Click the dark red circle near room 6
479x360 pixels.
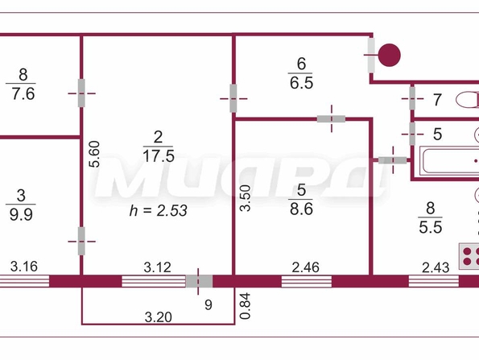click(390, 55)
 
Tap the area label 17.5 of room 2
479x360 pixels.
click(159, 156)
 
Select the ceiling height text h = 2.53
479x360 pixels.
click(159, 210)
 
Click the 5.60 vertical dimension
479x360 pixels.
click(94, 154)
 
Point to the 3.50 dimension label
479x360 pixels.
click(246, 198)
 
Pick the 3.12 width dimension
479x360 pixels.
click(157, 267)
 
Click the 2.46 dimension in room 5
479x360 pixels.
click(305, 267)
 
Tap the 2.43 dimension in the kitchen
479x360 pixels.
click(436, 267)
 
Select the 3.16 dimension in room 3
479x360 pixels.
click(24, 267)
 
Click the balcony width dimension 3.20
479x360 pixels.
click(159, 317)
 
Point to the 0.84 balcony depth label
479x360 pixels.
click(246, 306)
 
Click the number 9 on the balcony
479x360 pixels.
click(209, 304)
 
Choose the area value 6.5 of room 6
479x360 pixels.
click(302, 83)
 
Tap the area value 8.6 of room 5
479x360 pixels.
click(302, 209)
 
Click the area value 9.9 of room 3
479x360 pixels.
click(21, 215)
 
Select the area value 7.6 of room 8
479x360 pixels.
click(23, 93)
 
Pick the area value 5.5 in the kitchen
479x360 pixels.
click(431, 227)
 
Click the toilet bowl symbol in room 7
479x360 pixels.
click(468, 100)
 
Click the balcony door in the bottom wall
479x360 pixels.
click(199, 281)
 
